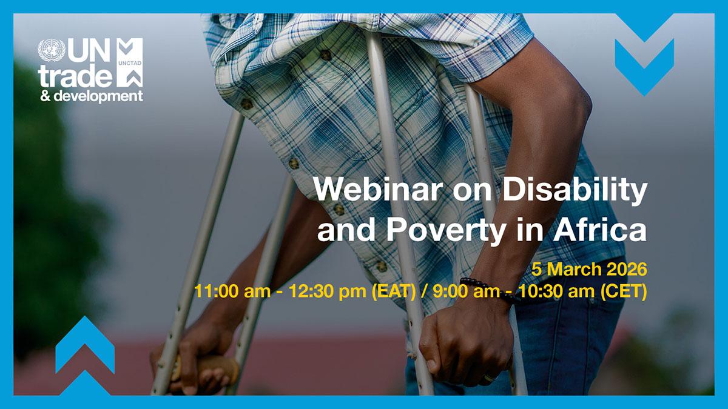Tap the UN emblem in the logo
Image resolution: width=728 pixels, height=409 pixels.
51,51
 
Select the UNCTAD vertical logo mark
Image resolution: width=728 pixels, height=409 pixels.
130,62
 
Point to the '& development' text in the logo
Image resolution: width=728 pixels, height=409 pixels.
92,96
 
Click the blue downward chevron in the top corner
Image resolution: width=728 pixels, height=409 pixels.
644,55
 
